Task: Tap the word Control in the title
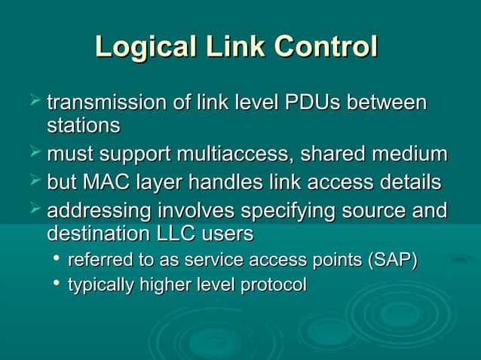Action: point(326,47)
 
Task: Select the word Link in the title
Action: point(230,47)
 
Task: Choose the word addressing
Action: point(97,211)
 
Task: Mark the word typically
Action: point(100,285)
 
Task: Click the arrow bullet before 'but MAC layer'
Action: point(33,181)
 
